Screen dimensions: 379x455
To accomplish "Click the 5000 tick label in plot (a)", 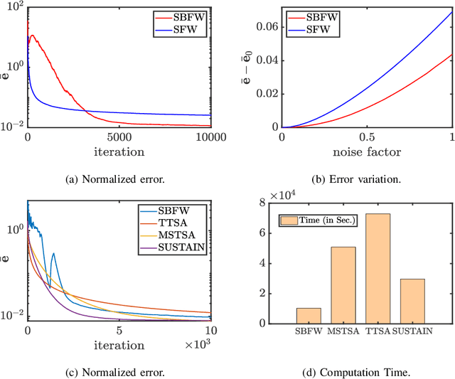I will click(x=118, y=137).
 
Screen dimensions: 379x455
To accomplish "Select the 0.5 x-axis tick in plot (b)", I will click(x=367, y=137).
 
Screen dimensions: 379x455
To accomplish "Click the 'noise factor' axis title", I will click(x=367, y=152).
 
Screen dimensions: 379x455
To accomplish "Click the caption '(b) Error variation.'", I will click(x=367, y=180).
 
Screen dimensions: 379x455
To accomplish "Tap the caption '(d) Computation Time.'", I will click(x=367, y=370).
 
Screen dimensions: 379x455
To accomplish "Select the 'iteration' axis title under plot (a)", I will click(x=119, y=152).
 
